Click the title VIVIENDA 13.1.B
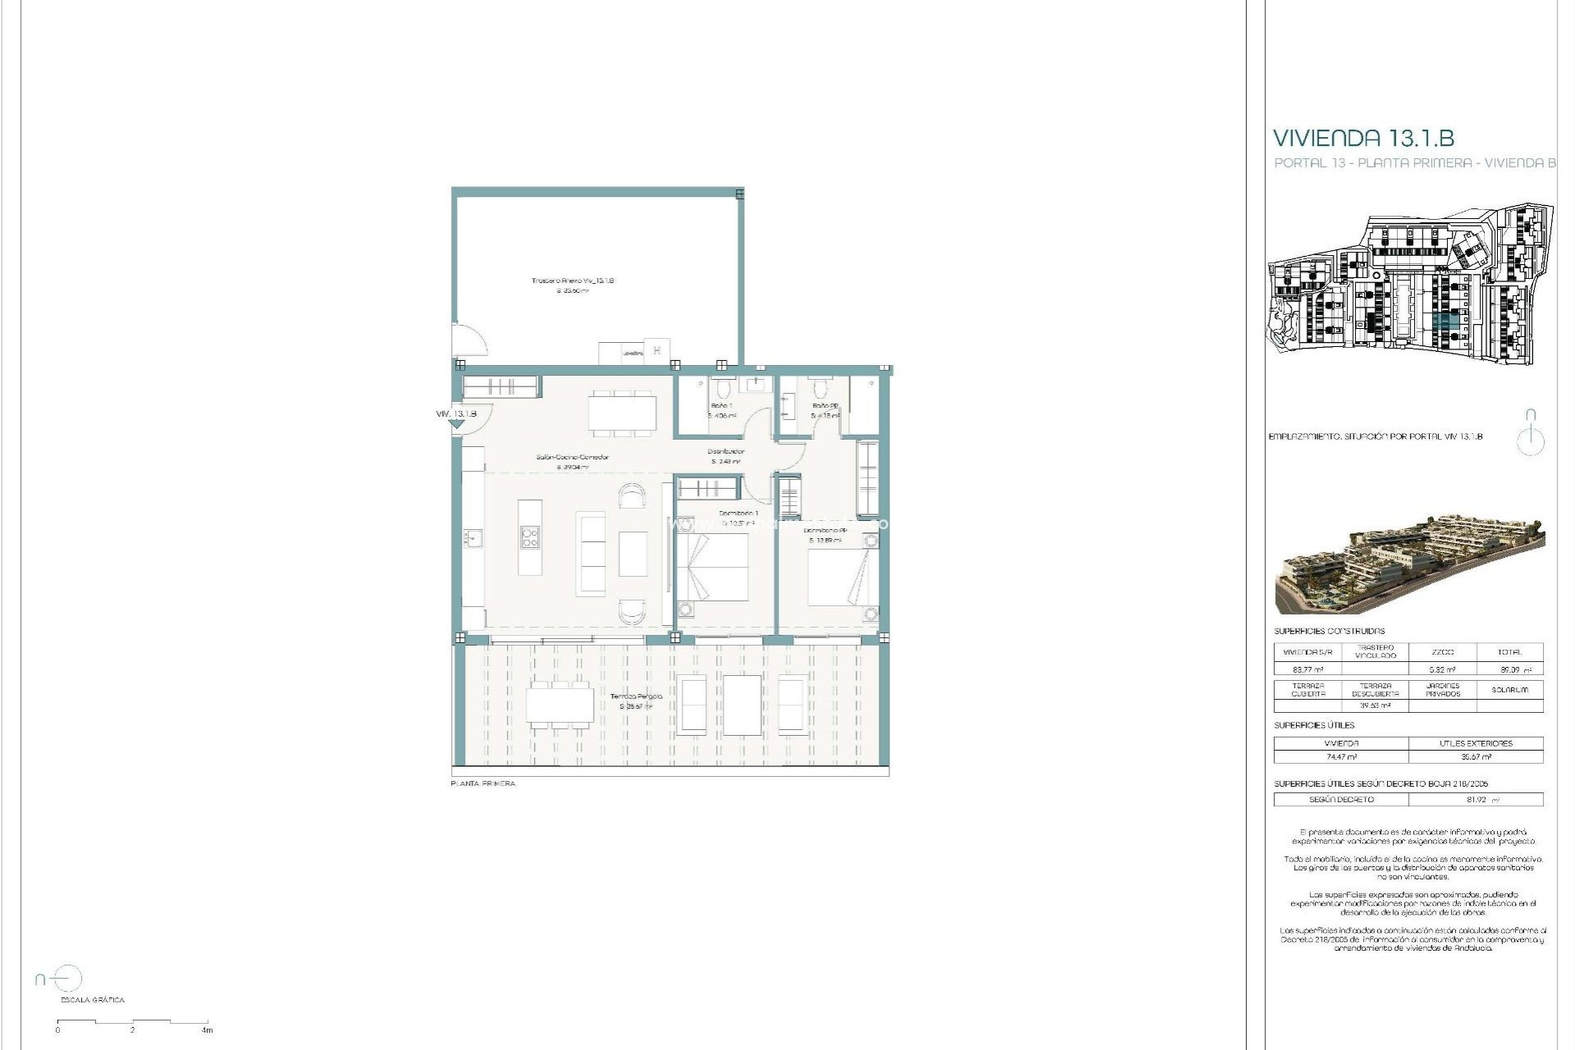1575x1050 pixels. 1363,138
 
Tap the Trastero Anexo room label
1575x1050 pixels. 573,281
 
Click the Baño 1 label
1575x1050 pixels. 721,406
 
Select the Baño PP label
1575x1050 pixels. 824,406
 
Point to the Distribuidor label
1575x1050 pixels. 726,452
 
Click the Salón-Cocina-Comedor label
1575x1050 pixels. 572,458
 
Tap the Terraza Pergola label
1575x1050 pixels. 636,696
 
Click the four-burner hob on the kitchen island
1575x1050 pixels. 530,536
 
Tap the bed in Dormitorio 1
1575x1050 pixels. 712,567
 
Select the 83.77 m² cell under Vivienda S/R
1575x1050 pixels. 1308,669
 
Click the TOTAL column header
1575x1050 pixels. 1509,652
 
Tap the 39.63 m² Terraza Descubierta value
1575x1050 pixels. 1375,705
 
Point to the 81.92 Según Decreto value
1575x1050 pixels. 1476,800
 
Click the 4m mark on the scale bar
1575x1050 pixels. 208,1030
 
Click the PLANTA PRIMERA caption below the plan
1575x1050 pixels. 483,784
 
